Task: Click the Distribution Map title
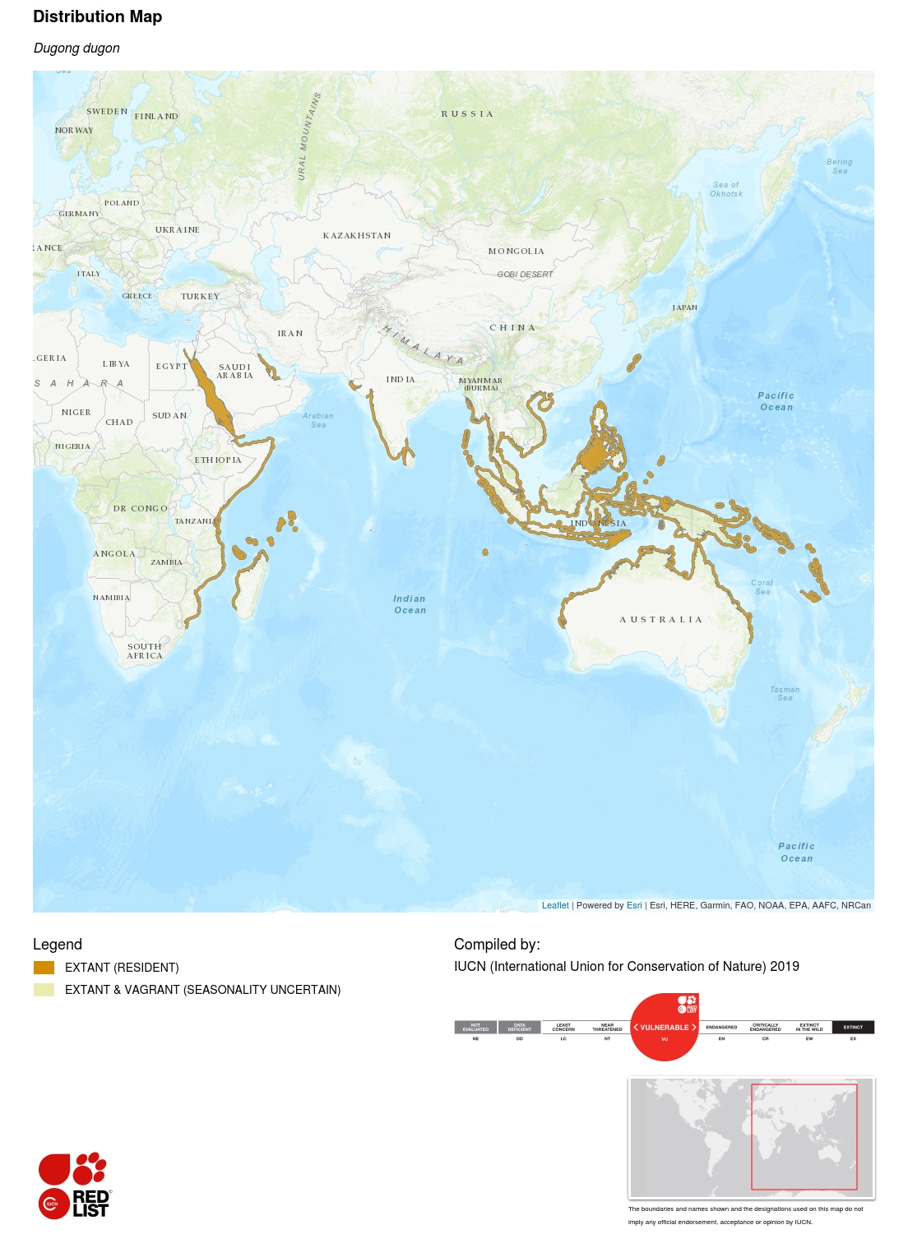(x=97, y=16)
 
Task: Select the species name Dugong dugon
(x=76, y=48)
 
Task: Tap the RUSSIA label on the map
(x=467, y=113)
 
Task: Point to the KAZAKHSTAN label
(x=357, y=235)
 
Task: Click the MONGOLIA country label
(x=516, y=251)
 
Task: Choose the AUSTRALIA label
(x=660, y=619)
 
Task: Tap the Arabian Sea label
(x=318, y=420)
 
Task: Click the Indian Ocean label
(x=410, y=604)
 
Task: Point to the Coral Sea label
(x=762, y=587)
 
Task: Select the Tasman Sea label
(x=785, y=694)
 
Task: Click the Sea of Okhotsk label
(x=726, y=189)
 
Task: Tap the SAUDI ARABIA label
(x=234, y=371)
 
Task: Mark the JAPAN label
(x=684, y=307)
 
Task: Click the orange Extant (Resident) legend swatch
(x=44, y=968)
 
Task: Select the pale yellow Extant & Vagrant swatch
(x=44, y=990)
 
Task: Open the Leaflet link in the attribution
(x=555, y=905)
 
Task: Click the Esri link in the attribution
(x=634, y=905)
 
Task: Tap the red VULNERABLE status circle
(x=664, y=1028)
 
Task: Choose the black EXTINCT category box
(x=853, y=1027)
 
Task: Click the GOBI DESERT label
(x=525, y=274)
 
